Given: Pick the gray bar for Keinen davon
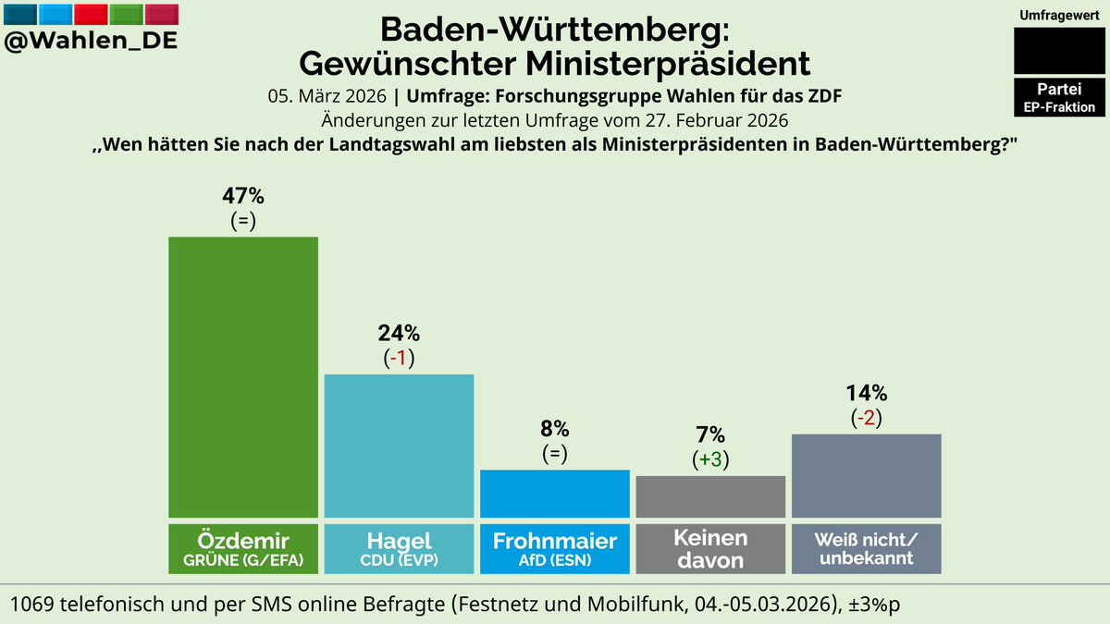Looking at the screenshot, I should click(710, 496).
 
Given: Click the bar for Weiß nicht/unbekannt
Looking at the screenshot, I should click(867, 475).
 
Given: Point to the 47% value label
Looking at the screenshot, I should click(242, 196).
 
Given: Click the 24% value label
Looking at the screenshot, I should click(399, 334).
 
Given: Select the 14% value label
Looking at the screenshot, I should click(867, 393).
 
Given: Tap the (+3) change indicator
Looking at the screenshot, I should click(710, 459).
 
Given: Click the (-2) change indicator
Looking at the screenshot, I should click(867, 417).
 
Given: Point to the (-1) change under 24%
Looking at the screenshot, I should click(399, 358).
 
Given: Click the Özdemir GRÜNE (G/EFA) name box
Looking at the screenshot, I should click(242, 548).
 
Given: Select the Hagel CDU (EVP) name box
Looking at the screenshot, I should click(399, 548).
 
